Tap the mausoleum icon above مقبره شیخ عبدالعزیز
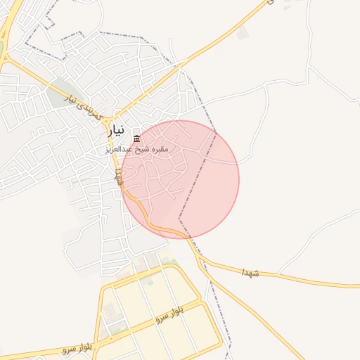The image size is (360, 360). pyautogui.click(x=136, y=139)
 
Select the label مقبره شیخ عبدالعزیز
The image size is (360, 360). pyautogui.click(x=136, y=149)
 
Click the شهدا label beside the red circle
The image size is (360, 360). pyautogui.click(x=118, y=178)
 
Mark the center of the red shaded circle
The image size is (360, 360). pyautogui.click(x=181, y=179)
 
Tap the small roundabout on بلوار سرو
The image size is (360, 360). pyautogui.click(x=110, y=339)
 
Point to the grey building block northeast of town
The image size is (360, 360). pyautogui.click(x=242, y=33)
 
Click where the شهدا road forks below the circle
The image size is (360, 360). pyautogui.click(x=202, y=261)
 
